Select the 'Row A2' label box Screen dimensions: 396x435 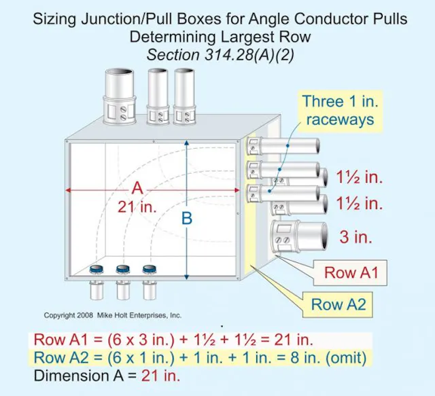(x=338, y=304)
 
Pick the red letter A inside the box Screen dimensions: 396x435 (x=137, y=188)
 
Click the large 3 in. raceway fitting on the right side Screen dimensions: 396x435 (x=294, y=238)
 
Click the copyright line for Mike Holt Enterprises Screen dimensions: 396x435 (x=113, y=316)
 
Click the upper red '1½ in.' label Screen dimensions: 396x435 (x=360, y=177)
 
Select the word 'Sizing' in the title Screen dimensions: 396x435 (x=56, y=18)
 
